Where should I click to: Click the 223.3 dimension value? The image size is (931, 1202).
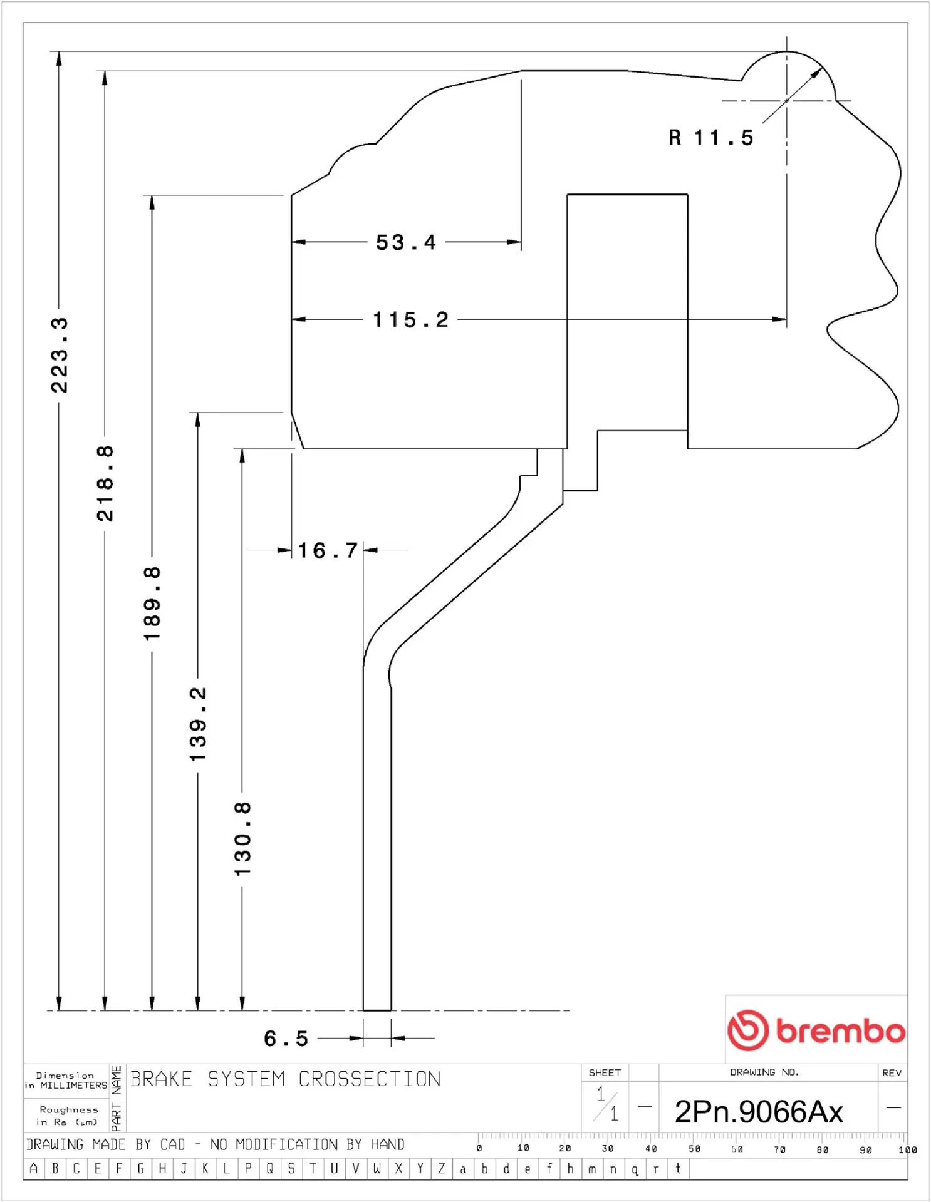tap(60, 355)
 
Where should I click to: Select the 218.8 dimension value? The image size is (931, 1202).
tap(105, 483)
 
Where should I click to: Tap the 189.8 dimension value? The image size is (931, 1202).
tap(152, 603)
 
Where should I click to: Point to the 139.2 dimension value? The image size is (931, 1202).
tap(198, 724)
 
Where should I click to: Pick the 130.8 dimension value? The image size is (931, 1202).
tap(242, 839)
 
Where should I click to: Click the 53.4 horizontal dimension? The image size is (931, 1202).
tap(406, 242)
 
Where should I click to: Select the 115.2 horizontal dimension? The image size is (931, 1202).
tap(411, 320)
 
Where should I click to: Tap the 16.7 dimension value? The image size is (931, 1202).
tap(328, 551)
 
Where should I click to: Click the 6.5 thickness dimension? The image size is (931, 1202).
tap(286, 1039)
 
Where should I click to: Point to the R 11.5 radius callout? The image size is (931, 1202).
tap(711, 138)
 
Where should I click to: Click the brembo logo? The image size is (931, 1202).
tap(816, 1030)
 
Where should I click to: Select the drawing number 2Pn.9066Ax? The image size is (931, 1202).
tap(759, 1112)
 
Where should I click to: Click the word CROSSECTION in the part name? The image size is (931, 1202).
tap(370, 1079)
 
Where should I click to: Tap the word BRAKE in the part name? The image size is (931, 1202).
tap(161, 1079)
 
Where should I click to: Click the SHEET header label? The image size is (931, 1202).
tap(605, 1072)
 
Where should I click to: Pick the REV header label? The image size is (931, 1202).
tap(892, 1072)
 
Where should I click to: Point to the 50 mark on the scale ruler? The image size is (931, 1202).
tap(694, 1149)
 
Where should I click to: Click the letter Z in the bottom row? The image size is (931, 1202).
tap(442, 1168)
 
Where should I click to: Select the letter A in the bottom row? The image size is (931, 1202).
tap(34, 1168)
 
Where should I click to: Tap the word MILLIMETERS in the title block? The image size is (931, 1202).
tap(74, 1086)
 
